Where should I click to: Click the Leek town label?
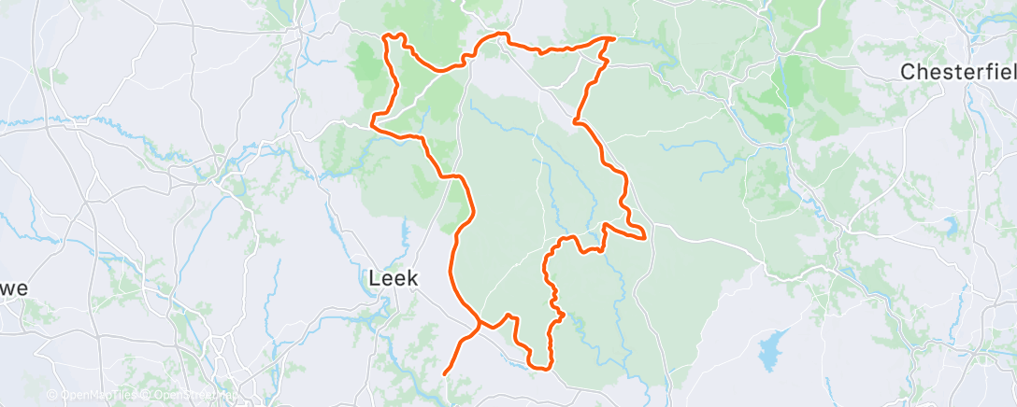point(393,277)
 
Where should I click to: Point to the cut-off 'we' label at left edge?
point(13,288)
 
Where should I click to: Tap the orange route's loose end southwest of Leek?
point(443,373)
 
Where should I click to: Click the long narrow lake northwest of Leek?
point(331,220)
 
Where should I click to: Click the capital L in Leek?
point(375,277)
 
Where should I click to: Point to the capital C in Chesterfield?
point(908,72)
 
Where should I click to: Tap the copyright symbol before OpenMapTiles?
point(51,395)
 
